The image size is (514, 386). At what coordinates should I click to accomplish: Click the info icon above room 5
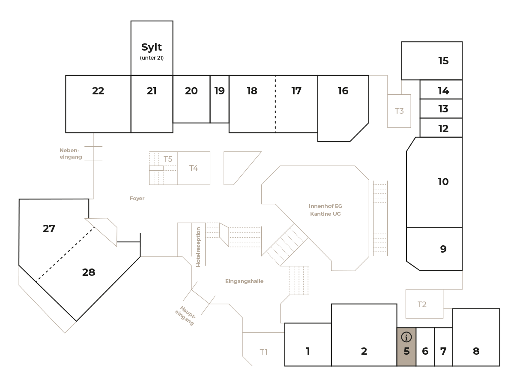click(x=406, y=337)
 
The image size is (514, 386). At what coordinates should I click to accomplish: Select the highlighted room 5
click(x=406, y=351)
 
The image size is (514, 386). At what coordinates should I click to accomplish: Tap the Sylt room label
click(x=152, y=46)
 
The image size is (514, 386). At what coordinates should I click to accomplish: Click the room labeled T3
click(x=399, y=111)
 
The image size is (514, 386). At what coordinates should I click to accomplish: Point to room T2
click(x=422, y=305)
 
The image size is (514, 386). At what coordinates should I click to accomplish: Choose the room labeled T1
click(x=264, y=352)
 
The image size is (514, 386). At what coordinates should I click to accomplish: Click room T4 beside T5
click(x=194, y=168)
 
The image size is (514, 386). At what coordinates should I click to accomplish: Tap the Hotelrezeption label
click(x=198, y=247)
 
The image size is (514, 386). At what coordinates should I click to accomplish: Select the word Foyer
click(x=137, y=199)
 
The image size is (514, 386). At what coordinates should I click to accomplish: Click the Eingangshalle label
click(x=244, y=281)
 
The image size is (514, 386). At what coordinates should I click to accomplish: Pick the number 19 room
click(x=219, y=91)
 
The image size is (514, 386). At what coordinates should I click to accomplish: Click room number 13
click(x=443, y=109)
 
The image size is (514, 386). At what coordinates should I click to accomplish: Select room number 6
click(x=425, y=352)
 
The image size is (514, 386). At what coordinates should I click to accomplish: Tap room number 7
click(x=443, y=352)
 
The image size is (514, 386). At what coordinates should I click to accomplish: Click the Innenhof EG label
click(x=325, y=206)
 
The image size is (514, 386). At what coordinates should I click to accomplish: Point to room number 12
click(x=443, y=128)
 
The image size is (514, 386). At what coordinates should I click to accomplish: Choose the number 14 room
click(x=443, y=91)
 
